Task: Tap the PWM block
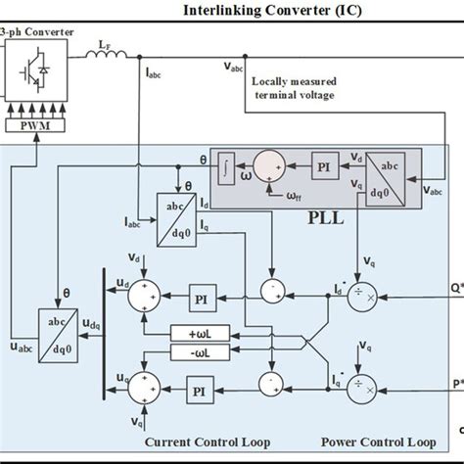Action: [33, 125]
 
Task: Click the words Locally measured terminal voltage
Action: [295, 87]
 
